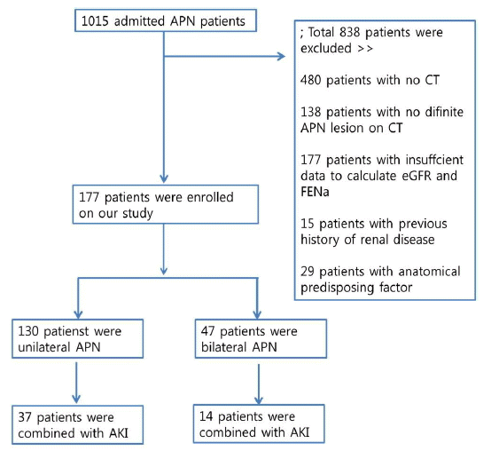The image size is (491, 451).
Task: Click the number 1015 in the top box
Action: [95, 21]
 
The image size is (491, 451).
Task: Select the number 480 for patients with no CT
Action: [310, 80]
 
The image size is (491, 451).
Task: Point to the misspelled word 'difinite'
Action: [444, 112]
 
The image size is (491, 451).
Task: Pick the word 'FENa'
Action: [315, 192]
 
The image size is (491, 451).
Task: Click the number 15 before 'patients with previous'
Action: [308, 224]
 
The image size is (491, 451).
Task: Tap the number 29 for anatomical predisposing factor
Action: [308, 272]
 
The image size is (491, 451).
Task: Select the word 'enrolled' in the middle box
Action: [210, 197]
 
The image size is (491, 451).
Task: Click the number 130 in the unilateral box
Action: [28, 331]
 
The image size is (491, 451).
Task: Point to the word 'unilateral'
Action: [43, 347]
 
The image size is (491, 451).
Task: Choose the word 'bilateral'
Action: [224, 347]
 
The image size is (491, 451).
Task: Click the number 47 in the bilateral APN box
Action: [208, 331]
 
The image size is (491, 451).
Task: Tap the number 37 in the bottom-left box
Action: [25, 417]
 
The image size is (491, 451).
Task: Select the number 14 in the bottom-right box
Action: [206, 416]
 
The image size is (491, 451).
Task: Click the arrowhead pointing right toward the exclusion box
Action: [281, 57]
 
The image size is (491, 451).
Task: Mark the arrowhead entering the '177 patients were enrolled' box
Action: [164, 178]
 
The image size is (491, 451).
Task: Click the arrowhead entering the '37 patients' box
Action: [76, 399]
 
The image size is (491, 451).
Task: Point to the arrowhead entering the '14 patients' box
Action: [259, 400]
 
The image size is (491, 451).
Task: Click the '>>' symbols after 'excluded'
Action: [365, 49]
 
